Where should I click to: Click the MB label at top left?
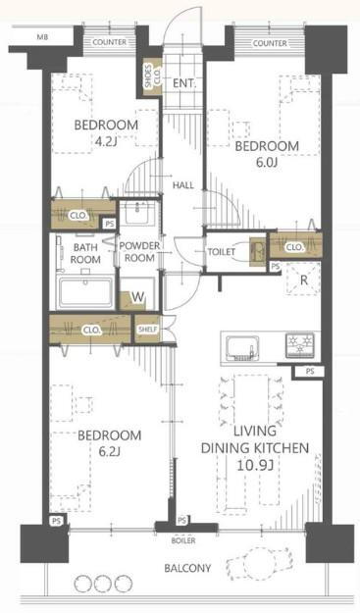point(42,37)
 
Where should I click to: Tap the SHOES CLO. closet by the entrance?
point(153,77)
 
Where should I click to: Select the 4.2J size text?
point(106,141)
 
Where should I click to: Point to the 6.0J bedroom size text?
point(267,162)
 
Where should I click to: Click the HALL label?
point(183,185)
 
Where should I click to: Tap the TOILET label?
point(222,252)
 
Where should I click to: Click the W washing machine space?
point(137,297)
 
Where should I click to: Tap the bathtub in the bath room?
point(85,291)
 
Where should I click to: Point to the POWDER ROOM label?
point(139,252)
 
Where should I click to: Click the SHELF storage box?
point(148,330)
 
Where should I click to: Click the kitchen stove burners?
point(300,344)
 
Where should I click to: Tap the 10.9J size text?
point(254,465)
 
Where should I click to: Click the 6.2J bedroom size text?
point(109,452)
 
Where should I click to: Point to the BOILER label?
point(182,541)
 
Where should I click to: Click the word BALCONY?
point(187,568)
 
